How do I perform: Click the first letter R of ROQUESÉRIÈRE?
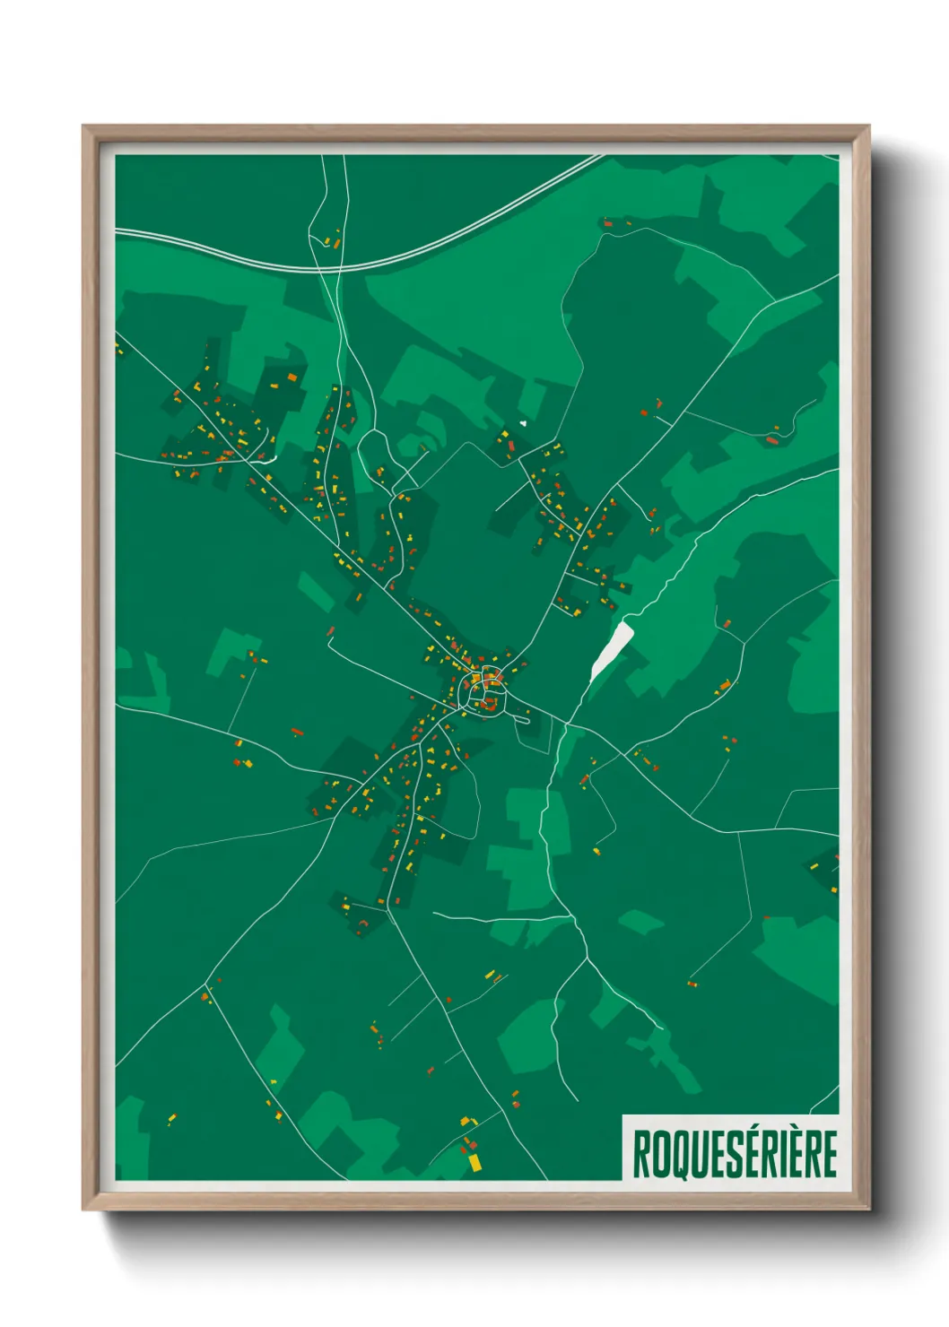click(642, 1154)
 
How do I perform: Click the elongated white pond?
click(612, 650)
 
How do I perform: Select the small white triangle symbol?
click(523, 423)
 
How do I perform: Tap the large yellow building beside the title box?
click(474, 1163)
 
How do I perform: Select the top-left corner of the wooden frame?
click(84, 127)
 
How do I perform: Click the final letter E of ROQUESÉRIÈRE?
click(829, 1154)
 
